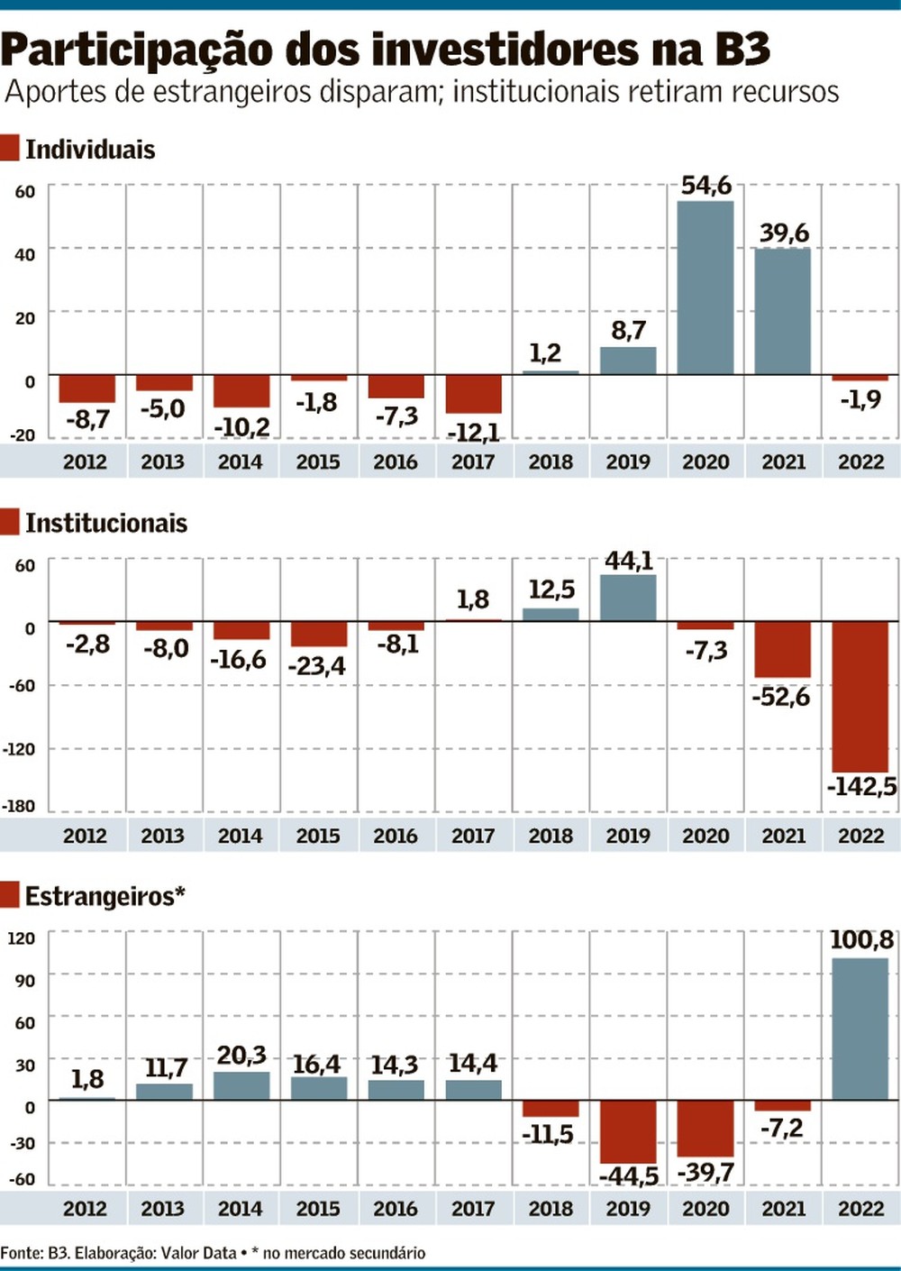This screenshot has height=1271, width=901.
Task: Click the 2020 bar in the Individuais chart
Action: (705, 288)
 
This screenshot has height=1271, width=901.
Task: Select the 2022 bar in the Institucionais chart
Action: (860, 696)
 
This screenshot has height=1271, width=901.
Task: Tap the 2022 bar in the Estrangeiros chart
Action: (860, 1029)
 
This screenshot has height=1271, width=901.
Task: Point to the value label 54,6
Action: (706, 185)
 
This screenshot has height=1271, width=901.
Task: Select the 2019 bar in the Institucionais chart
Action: (628, 598)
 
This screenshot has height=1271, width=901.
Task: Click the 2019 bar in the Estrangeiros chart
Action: (628, 1131)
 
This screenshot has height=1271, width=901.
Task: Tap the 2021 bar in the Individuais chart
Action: (783, 311)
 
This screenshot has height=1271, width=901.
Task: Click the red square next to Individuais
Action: (10, 148)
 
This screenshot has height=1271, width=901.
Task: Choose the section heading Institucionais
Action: (106, 523)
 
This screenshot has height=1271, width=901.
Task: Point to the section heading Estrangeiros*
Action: (105, 896)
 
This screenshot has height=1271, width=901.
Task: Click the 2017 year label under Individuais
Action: (473, 462)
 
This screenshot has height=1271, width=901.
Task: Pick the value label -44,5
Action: (629, 1175)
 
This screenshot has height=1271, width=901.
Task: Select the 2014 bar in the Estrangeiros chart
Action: (241, 1085)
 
